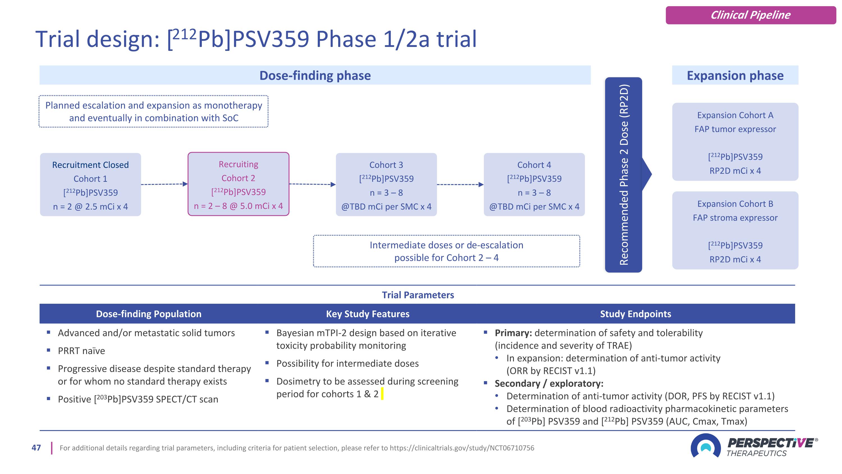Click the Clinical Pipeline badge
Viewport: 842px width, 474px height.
[751, 15]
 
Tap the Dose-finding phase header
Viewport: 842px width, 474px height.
[315, 75]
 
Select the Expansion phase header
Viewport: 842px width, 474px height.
[735, 75]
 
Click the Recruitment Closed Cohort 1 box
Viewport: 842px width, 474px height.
[91, 185]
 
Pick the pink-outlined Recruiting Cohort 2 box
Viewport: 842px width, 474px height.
[238, 184]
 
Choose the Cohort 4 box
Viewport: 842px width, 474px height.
[534, 185]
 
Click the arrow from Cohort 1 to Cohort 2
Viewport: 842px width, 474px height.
[164, 184]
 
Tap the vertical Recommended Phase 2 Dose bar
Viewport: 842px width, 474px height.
[623, 175]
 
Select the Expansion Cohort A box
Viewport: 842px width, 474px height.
[735, 142]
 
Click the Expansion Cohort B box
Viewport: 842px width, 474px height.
[735, 231]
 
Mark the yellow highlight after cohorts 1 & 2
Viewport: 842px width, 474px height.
[382, 394]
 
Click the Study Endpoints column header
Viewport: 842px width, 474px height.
[635, 314]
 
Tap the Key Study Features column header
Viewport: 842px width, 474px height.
[367, 314]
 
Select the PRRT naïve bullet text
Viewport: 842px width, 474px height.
[81, 351]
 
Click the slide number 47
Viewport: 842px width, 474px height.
[36, 448]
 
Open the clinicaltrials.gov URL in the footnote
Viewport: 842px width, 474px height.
[462, 448]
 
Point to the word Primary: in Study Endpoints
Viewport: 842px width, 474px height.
[513, 333]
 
